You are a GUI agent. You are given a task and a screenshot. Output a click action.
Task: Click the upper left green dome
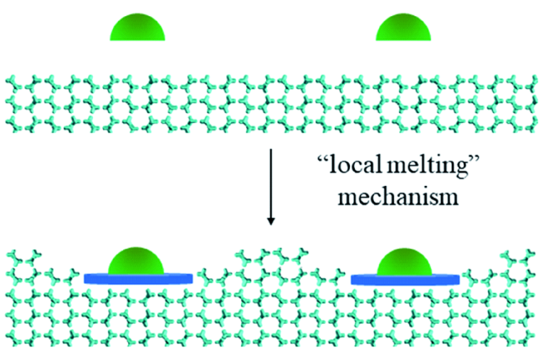pos(138,27)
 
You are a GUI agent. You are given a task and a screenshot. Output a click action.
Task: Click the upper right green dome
pos(404,28)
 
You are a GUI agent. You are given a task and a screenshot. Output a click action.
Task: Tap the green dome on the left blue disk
pos(139,260)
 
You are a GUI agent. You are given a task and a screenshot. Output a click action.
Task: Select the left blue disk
pos(139,277)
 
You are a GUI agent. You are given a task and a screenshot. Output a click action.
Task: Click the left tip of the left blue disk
pos(85,277)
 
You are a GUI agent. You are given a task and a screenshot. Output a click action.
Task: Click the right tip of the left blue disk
pos(193,277)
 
